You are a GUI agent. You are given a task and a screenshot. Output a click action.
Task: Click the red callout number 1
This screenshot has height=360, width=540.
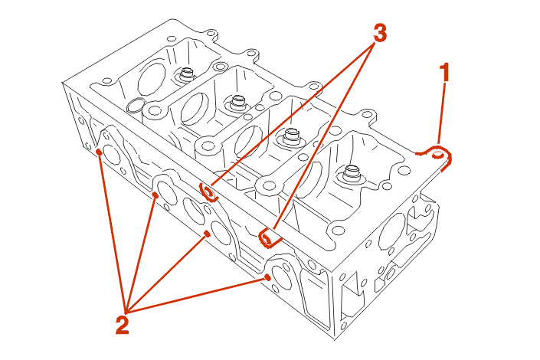(x=443, y=74)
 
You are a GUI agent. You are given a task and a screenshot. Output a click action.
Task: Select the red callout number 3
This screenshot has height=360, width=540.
(x=379, y=33)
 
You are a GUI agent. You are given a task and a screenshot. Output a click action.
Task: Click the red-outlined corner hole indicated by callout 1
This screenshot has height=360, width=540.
(x=439, y=155)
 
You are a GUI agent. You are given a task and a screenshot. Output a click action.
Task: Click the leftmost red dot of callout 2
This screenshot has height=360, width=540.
(x=100, y=152)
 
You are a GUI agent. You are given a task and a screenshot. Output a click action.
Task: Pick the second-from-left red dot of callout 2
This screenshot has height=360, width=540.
(x=155, y=196)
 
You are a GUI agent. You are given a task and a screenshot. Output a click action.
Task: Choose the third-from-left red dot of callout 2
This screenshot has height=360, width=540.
(x=208, y=233)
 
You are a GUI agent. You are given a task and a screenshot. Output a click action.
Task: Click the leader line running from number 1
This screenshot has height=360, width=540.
(x=441, y=115)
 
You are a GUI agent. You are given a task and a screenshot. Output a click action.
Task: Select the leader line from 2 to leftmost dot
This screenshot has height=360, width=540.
(x=112, y=230)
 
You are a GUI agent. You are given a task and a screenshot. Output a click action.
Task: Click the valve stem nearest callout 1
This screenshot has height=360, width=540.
(x=352, y=172)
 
